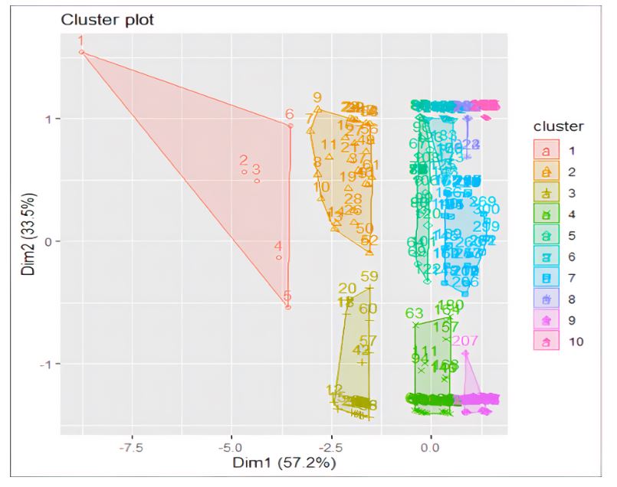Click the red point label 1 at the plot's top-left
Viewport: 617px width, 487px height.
(x=81, y=41)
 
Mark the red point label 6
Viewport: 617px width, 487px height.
(x=289, y=115)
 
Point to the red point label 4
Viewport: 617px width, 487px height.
(x=278, y=247)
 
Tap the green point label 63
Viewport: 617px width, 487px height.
(x=414, y=313)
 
